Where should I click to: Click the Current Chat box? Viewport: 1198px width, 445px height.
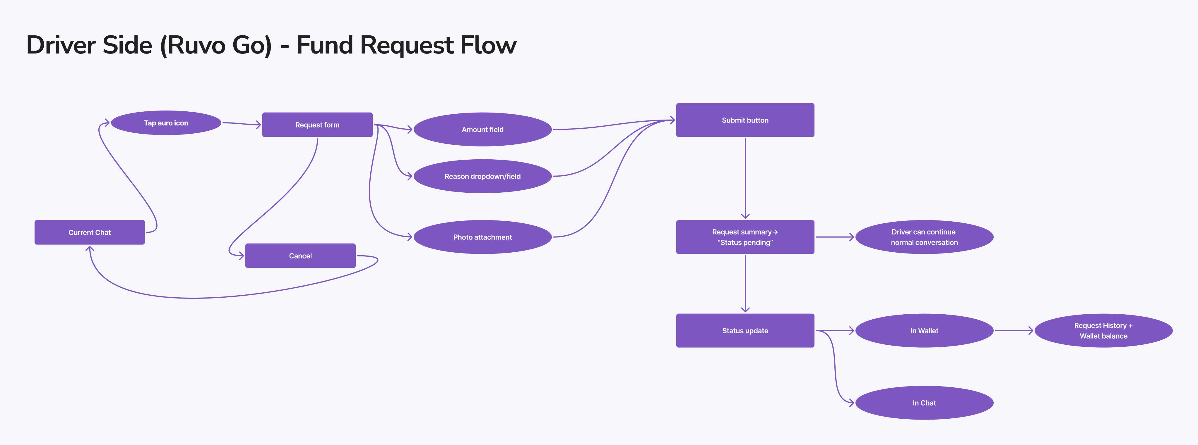pos(89,232)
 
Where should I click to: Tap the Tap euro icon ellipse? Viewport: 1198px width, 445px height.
pos(166,123)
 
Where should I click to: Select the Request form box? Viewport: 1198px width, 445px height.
pos(317,125)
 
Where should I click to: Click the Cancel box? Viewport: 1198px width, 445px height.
pos(300,256)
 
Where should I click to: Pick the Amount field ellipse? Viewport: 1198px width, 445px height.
pos(482,129)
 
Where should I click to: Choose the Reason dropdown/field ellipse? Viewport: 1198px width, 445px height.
pos(482,176)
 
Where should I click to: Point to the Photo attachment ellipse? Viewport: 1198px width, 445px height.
pos(482,237)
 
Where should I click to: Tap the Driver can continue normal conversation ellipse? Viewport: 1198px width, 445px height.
pos(924,237)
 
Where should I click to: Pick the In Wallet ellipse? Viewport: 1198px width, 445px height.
pos(924,330)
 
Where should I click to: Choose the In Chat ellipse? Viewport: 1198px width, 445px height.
pos(924,403)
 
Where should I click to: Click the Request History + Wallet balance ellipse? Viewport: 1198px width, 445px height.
pos(1103,330)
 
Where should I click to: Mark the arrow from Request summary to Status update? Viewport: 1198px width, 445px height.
pos(745,283)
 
